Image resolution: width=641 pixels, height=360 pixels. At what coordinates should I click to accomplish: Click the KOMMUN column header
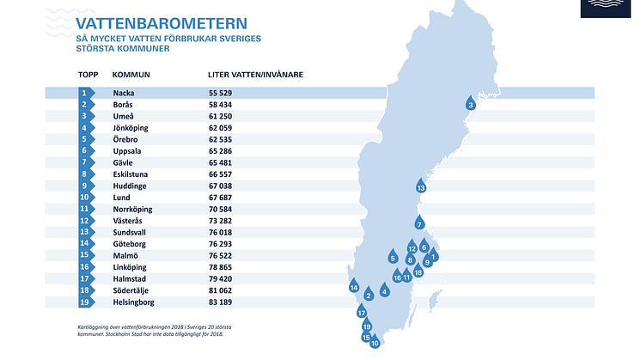click(x=131, y=75)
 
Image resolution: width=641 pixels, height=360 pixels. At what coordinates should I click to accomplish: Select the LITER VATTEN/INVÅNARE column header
click(x=255, y=75)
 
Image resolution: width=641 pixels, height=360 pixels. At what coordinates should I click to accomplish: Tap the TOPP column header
click(x=88, y=75)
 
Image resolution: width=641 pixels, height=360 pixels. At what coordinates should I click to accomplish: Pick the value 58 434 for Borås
click(x=221, y=104)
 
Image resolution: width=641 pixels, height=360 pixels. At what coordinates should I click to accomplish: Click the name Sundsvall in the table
click(x=131, y=232)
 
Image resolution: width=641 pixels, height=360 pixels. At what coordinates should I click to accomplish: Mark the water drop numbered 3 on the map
click(x=470, y=104)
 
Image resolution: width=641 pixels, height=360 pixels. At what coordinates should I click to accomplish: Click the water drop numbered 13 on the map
click(x=421, y=186)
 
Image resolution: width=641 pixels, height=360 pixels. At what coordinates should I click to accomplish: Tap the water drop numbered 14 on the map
click(x=353, y=287)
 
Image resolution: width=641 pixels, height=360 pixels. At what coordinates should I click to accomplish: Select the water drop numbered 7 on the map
click(x=418, y=223)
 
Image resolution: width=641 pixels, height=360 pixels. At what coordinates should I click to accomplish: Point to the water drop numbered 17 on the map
click(x=362, y=313)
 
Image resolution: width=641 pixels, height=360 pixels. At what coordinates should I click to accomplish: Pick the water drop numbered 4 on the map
click(x=384, y=290)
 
